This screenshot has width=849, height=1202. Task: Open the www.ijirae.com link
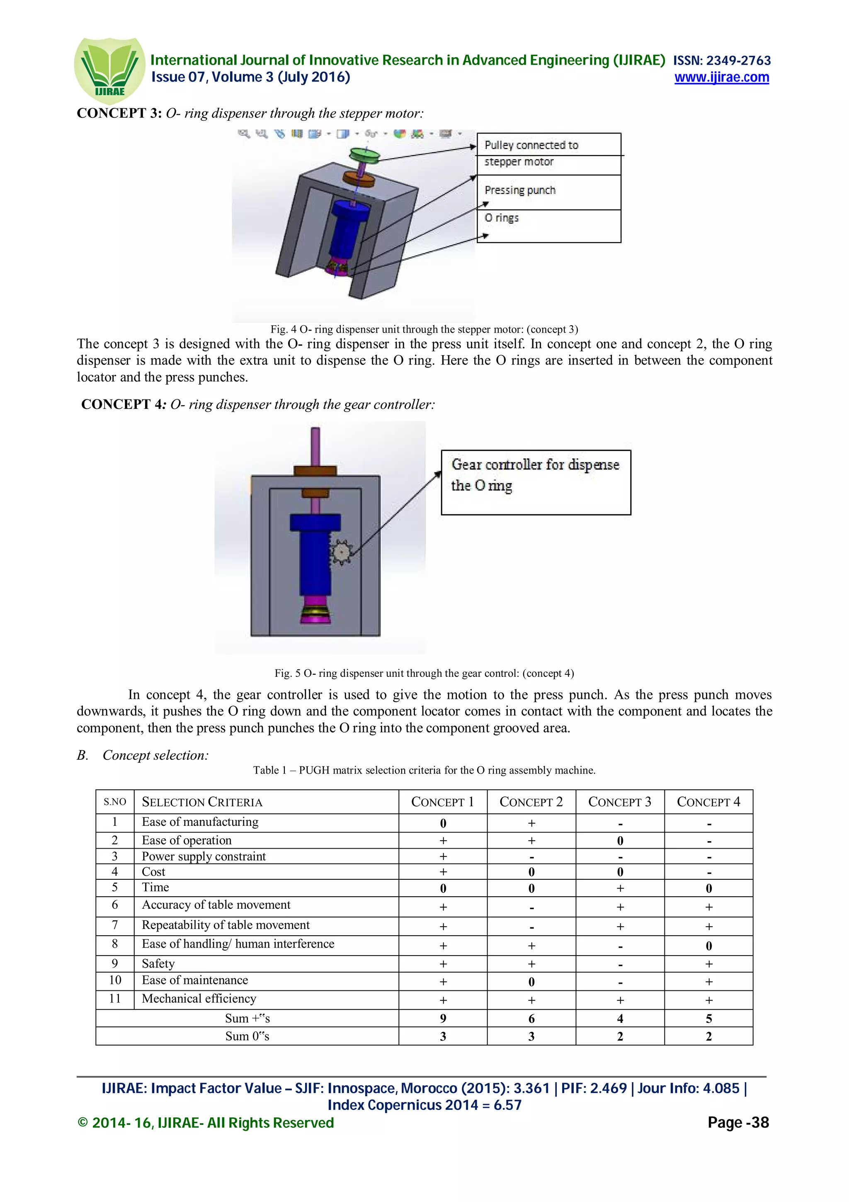coord(721,78)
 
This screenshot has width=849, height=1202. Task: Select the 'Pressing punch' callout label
coord(520,190)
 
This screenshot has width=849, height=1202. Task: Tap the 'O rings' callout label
coord(502,218)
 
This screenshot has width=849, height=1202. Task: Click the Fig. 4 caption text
coord(424,329)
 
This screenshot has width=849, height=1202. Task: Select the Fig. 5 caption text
coord(424,673)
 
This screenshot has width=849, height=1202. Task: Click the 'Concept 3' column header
coord(619,802)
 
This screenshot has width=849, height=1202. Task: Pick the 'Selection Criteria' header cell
coord(202,802)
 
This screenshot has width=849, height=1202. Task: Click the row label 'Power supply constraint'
coord(204,856)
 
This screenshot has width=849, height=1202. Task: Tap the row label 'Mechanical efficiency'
coord(199,999)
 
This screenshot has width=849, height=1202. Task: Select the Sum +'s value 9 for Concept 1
coord(443,1019)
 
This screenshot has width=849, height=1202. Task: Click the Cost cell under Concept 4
coord(708,872)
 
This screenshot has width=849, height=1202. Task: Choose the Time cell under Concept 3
coord(619,888)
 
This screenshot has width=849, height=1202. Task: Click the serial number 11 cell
coord(114,999)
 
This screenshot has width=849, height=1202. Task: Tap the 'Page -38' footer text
coord(738,1122)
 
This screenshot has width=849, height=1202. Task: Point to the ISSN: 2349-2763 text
coord(721,61)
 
